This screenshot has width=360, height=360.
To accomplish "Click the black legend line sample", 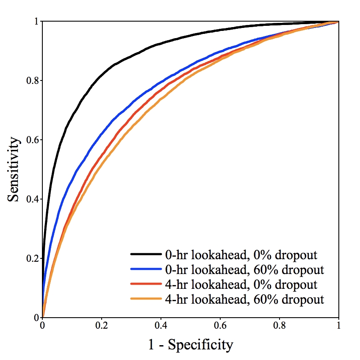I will coord(146,255).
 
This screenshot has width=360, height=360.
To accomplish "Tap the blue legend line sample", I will coord(146,269).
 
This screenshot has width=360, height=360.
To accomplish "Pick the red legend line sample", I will coord(146,284).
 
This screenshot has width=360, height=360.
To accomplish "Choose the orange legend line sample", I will coord(146,299).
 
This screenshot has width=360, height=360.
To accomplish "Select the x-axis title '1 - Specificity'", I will coord(191,344).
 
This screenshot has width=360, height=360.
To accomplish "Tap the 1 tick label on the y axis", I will coord(36,21).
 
